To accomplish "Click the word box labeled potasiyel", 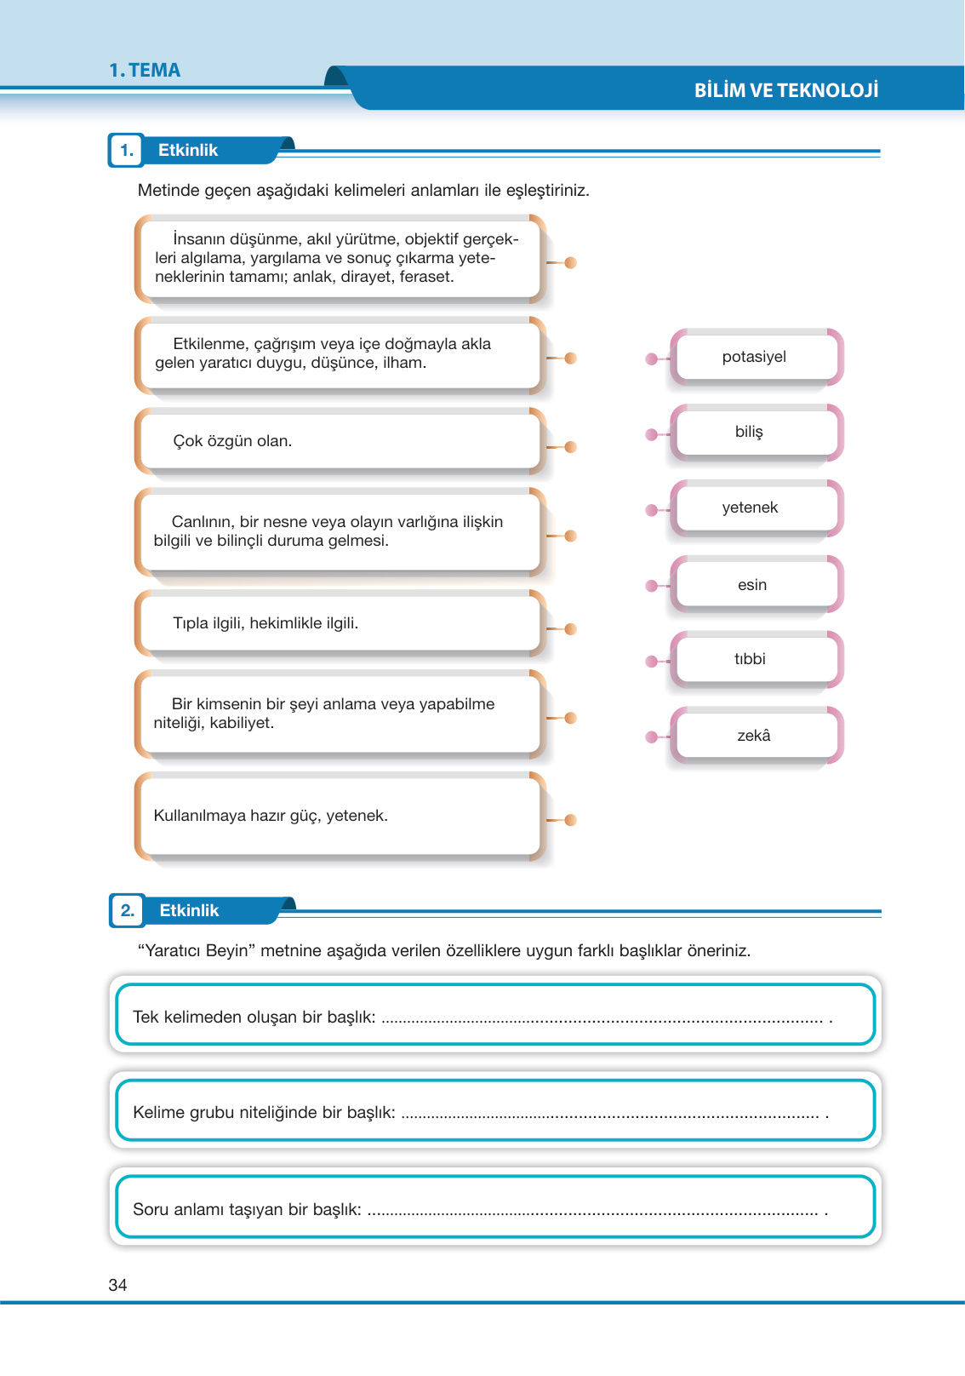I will point(755,357).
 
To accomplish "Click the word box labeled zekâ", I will point(755,736).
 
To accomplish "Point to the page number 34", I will point(118,1285).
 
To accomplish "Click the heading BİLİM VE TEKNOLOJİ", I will point(785,90).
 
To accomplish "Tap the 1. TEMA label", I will point(145,71).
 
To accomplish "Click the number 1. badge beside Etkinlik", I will point(127,151).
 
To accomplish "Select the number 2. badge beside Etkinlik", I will point(128,910).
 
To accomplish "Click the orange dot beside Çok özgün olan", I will point(571,447).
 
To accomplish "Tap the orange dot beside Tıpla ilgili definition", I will point(571,629).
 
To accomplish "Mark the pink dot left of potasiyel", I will point(652,359).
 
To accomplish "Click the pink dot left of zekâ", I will point(652,737).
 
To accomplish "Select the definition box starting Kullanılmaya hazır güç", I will point(339,816).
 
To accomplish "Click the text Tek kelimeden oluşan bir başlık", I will point(254,1017).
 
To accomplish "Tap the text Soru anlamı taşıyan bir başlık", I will point(247,1209).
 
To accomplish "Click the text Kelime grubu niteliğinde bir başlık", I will point(264,1112).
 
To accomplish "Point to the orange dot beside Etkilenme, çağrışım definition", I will point(571,358).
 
